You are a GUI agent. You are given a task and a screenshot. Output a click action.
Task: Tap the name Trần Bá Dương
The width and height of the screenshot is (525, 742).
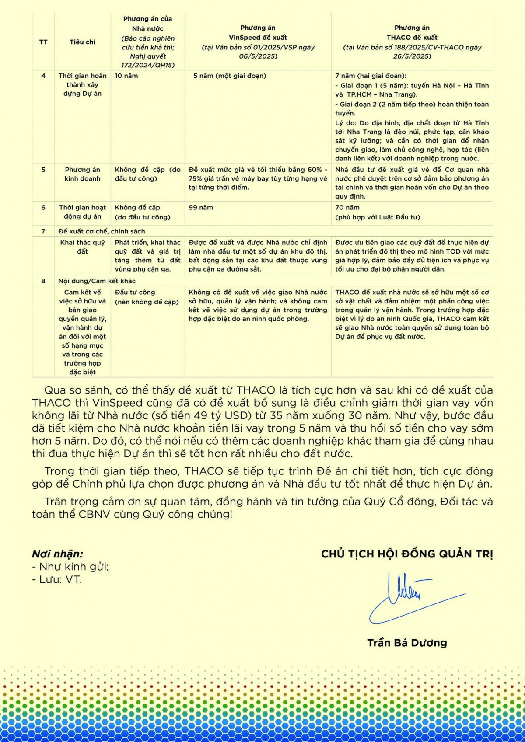pos(407,643)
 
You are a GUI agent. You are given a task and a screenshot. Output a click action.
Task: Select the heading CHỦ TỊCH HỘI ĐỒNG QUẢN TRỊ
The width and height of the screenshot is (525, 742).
pos(407,554)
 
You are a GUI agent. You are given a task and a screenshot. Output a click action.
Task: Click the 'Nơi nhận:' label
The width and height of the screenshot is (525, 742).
pos(57,554)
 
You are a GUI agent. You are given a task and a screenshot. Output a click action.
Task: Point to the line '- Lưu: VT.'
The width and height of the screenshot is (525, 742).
pos(57,580)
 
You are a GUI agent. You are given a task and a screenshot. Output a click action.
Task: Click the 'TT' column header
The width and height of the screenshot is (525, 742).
pos(43,42)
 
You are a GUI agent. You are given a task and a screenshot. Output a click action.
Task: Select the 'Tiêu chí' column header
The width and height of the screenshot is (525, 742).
pos(82,42)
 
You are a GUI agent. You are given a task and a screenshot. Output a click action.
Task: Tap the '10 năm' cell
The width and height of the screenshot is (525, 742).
pos(126,76)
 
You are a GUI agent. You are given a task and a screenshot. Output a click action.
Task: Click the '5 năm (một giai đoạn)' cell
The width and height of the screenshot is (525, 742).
pos(230,76)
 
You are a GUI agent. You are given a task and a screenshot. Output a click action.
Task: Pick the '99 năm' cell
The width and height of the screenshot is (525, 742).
pos(201,207)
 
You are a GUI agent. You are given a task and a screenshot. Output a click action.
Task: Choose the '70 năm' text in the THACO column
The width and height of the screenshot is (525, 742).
pos(347,207)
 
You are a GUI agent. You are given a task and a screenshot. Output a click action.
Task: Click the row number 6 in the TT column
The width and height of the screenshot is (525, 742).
pos(43,207)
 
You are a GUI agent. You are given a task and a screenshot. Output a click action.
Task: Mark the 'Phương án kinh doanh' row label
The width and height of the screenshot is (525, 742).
pos(82,174)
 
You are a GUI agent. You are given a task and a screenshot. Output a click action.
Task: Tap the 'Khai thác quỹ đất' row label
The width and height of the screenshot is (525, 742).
pos(82,247)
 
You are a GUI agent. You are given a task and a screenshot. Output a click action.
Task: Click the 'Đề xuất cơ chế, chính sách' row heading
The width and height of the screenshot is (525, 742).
pos(101,231)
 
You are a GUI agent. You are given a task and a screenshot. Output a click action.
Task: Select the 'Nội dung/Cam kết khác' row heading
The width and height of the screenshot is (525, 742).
pos(97,281)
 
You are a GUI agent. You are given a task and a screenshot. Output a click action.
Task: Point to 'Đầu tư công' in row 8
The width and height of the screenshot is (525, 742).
pos(135,292)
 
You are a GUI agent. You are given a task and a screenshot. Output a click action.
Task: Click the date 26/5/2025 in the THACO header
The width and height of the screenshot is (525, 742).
pos(412,56)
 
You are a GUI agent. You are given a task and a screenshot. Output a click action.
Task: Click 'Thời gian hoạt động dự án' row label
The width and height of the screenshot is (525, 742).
pos(82,212)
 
